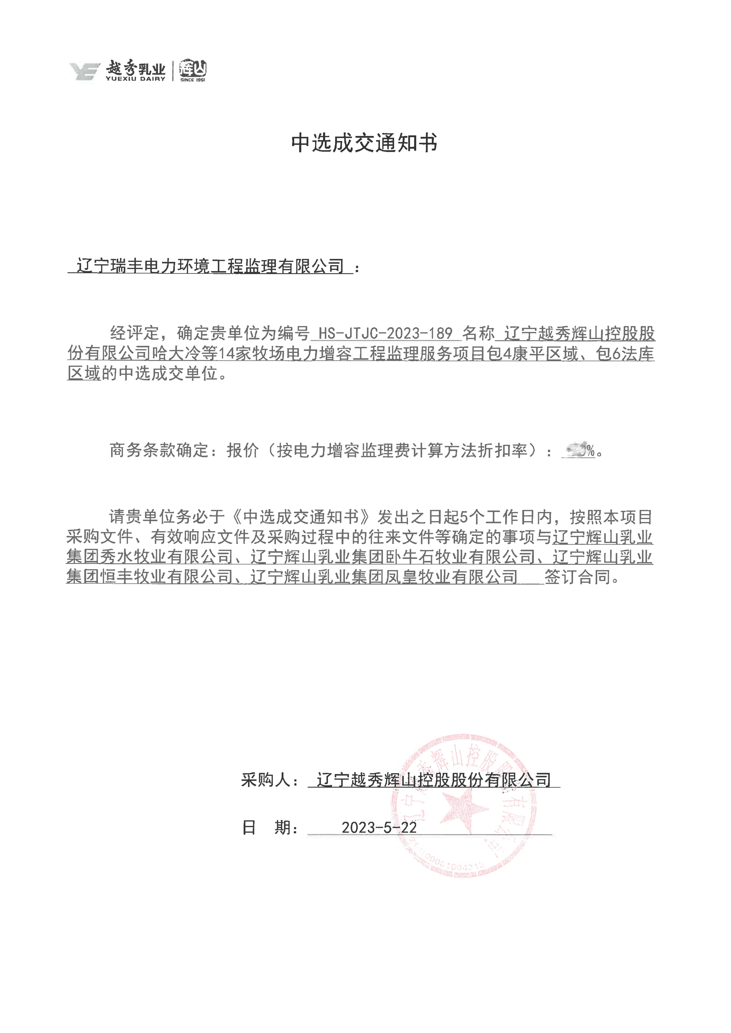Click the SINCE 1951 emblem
[193, 71]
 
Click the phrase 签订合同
[578, 577]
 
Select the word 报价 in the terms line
[243, 450]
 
